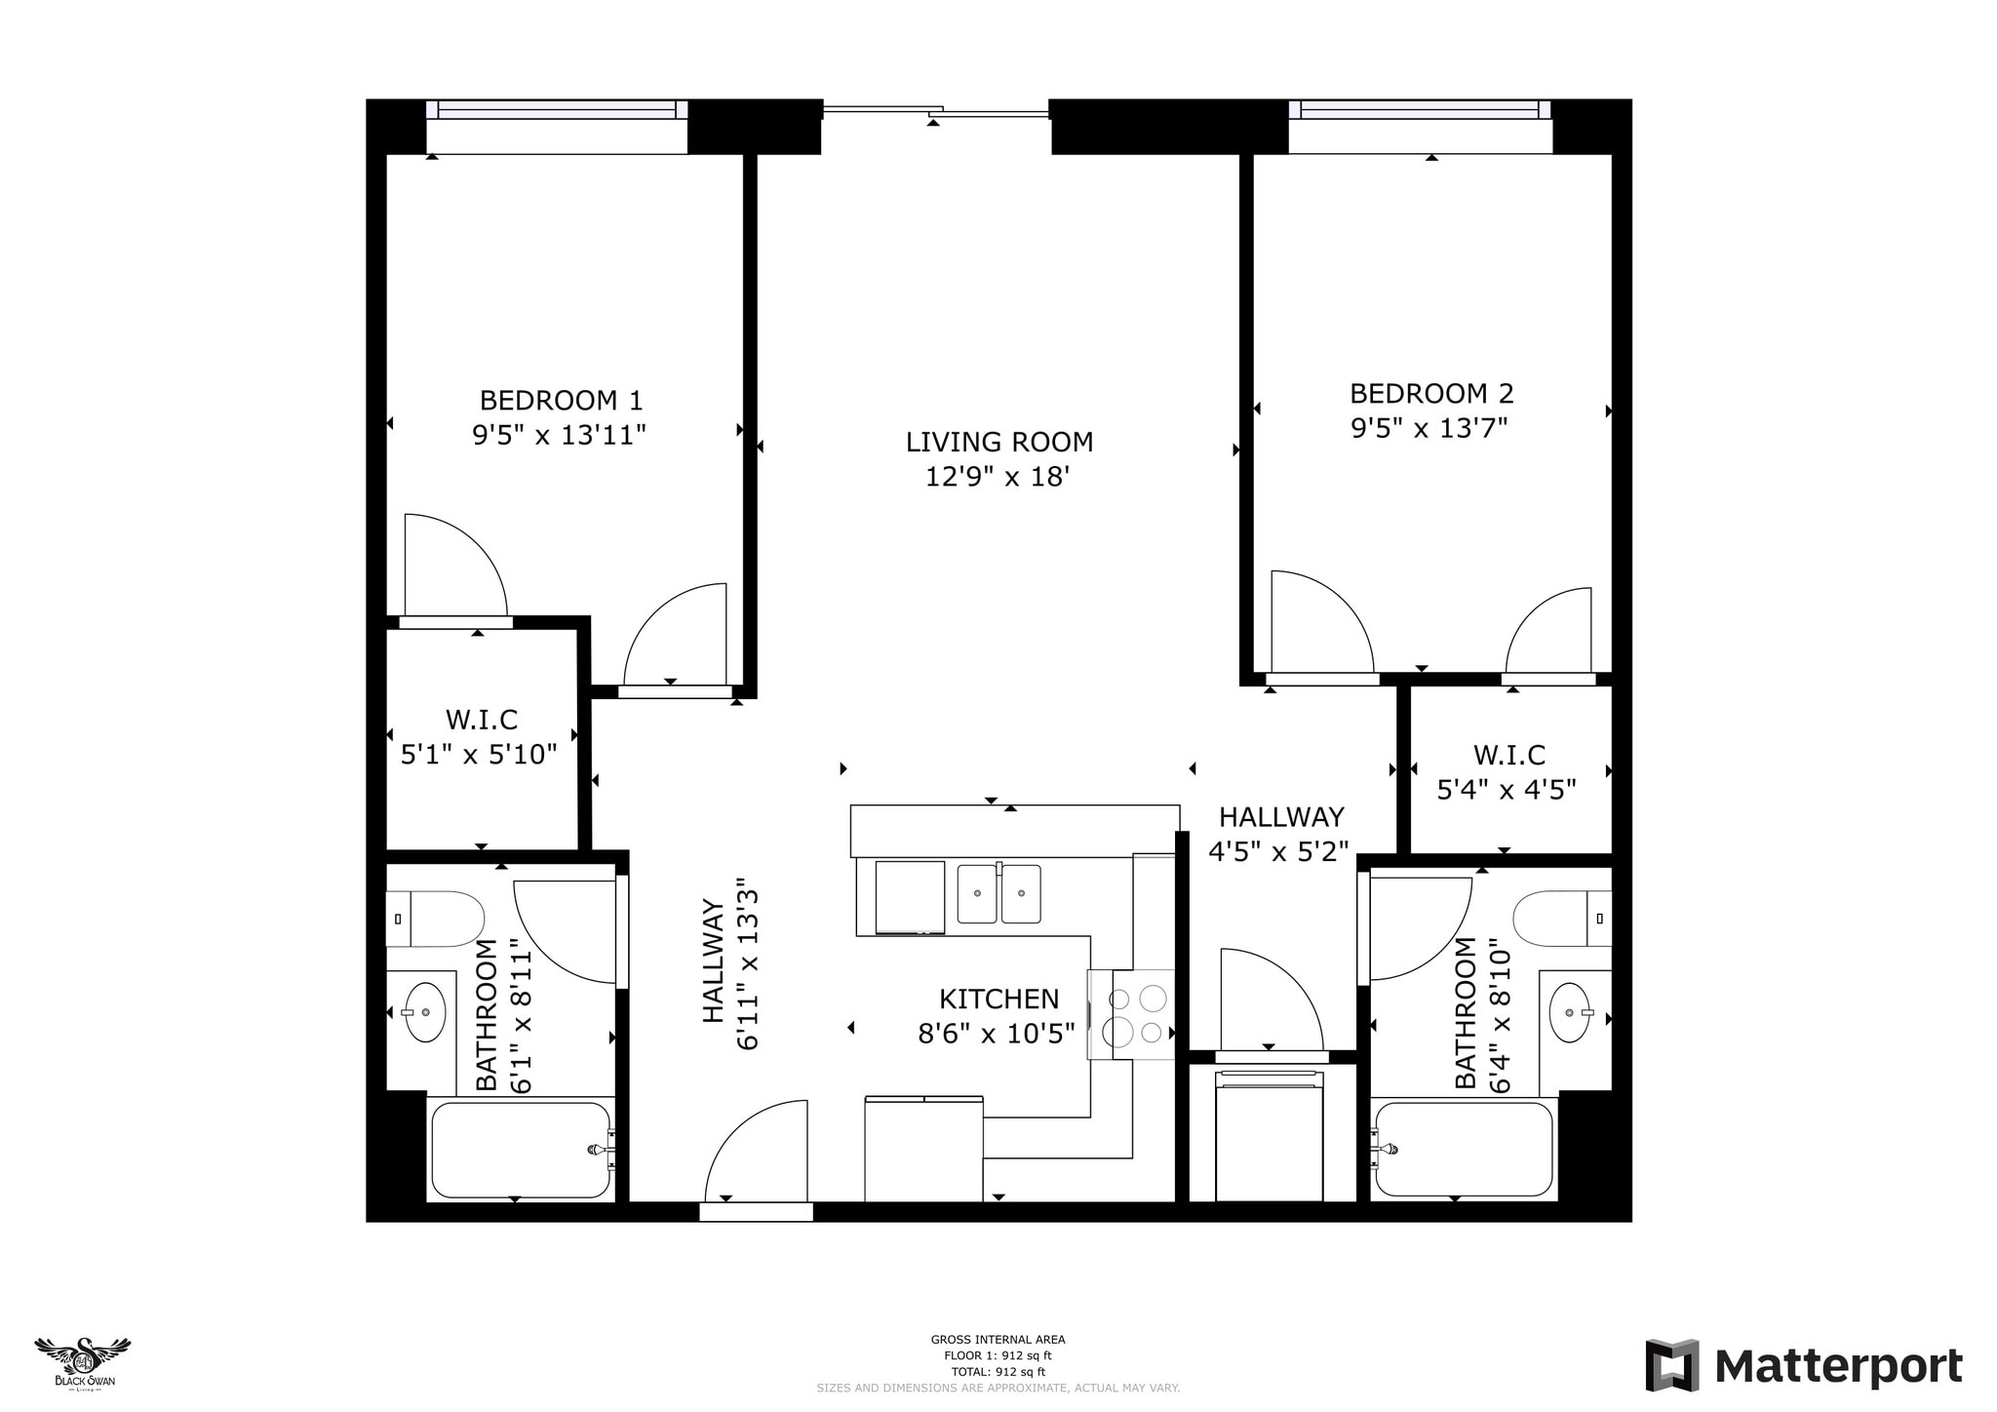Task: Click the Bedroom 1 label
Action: (x=561, y=400)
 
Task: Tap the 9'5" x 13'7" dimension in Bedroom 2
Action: (x=1429, y=428)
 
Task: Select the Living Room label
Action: (x=998, y=442)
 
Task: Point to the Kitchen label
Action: (x=998, y=999)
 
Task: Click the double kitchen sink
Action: (x=998, y=893)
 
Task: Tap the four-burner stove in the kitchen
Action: (x=1137, y=1014)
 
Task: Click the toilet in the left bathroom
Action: (x=437, y=919)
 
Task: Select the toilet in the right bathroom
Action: (x=1560, y=918)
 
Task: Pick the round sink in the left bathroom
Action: (x=425, y=1012)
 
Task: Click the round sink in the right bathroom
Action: (x=1570, y=1012)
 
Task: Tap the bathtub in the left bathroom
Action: (x=521, y=1150)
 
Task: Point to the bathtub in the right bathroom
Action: (x=1462, y=1150)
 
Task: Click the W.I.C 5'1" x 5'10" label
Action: (x=480, y=736)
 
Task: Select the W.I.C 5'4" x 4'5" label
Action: (x=1508, y=771)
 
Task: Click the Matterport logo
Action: (x=1804, y=1366)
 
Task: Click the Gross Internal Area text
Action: (x=998, y=1340)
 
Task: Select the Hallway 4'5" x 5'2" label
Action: (x=1279, y=834)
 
